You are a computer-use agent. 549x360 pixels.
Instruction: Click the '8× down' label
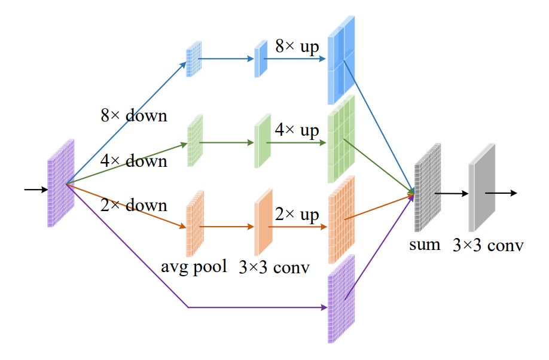pyautogui.click(x=133, y=115)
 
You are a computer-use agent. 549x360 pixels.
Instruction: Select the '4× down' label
pyautogui.click(x=133, y=160)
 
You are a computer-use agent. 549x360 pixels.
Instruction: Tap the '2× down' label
pyautogui.click(x=133, y=205)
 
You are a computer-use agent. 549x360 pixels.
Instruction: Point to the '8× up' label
pyautogui.click(x=297, y=46)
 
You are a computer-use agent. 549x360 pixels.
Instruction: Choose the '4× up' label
pyautogui.click(x=297, y=130)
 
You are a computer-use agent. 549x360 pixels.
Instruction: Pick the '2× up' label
pyautogui.click(x=297, y=215)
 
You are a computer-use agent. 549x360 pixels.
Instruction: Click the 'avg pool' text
pyautogui.click(x=194, y=266)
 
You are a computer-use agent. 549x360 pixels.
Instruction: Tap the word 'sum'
pyautogui.click(x=425, y=243)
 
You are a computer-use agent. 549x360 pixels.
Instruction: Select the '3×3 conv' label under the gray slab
pyautogui.click(x=489, y=245)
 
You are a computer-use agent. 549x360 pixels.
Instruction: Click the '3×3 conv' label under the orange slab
pyautogui.click(x=274, y=267)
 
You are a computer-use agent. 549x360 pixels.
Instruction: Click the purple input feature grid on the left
pyautogui.click(x=60, y=183)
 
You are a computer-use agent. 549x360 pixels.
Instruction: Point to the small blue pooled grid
pyautogui.click(x=194, y=59)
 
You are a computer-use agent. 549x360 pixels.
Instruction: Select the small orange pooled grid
pyautogui.click(x=195, y=215)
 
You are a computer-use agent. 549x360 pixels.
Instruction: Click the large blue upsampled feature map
pyautogui.click(x=341, y=60)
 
